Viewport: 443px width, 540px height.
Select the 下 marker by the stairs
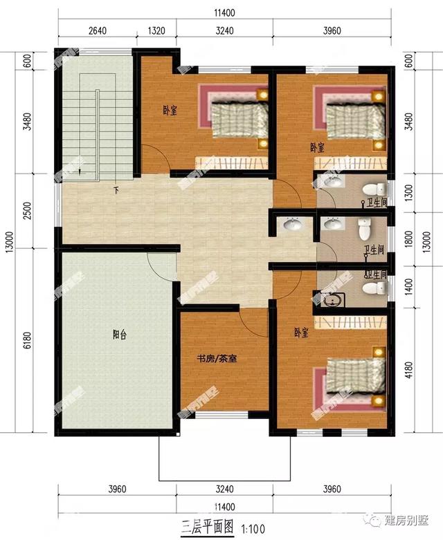tap(116, 189)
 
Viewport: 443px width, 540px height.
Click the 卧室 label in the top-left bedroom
tap(169, 109)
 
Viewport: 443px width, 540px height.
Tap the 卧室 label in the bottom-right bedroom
tap(300, 333)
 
